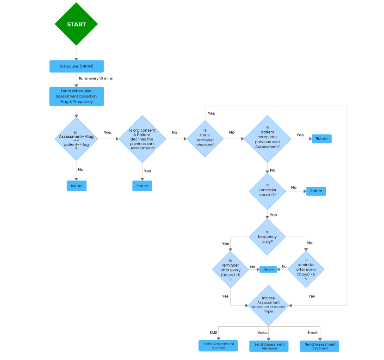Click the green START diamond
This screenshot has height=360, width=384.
[x=76, y=24]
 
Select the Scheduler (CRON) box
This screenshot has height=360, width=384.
[x=76, y=66]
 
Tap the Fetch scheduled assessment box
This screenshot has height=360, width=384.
[x=76, y=97]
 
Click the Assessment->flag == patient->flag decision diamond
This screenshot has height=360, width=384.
[x=76, y=139]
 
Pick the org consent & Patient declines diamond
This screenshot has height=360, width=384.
[x=142, y=139]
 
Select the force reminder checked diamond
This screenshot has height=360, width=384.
[x=204, y=138]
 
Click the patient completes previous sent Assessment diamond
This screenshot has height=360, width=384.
[x=267, y=139]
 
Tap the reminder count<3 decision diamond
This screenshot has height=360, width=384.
[x=267, y=191]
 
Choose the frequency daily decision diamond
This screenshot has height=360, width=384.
[x=267, y=237]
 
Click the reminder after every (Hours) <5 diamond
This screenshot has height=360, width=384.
[x=230, y=269]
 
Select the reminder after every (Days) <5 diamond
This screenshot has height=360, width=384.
[x=306, y=269]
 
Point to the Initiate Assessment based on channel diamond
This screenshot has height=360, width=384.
[x=268, y=305]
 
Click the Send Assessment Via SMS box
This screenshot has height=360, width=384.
[x=219, y=346]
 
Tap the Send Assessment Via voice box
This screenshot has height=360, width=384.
[x=269, y=346]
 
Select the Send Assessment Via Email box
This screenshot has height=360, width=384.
[x=319, y=346]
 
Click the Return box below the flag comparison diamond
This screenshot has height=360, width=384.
[x=77, y=186]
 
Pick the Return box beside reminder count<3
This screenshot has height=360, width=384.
[x=316, y=191]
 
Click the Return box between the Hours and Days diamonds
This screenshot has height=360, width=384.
[x=268, y=269]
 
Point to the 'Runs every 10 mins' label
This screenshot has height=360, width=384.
[x=95, y=79]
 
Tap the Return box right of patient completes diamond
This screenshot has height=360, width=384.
[x=322, y=139]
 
